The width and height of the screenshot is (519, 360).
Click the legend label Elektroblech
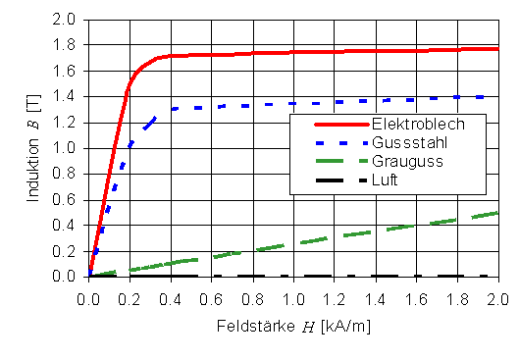(417, 124)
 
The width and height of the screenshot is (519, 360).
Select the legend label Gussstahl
(410, 142)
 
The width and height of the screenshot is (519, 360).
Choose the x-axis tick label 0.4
(171, 293)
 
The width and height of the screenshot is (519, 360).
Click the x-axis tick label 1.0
(293, 293)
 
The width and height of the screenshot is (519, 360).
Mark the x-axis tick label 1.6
(416, 293)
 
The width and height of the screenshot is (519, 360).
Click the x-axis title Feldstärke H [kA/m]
(293, 323)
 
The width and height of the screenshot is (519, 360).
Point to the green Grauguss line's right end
(496, 213)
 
